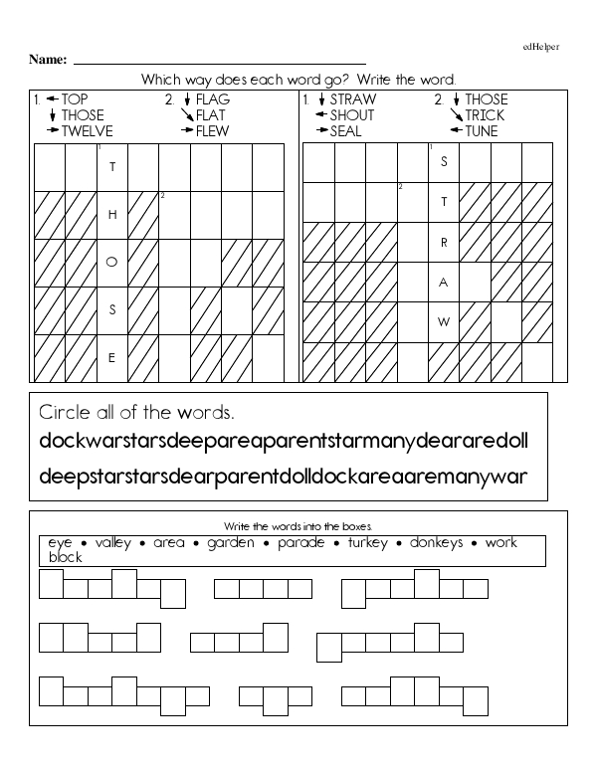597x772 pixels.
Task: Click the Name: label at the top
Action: pos(47,60)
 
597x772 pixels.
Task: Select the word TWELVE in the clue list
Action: pos(88,131)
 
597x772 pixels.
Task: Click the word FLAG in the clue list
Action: pos(213,99)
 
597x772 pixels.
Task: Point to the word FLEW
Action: pos(213,131)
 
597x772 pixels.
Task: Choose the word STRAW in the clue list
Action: pos(353,99)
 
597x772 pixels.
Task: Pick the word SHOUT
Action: pos(354,115)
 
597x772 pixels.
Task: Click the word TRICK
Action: pos(485,115)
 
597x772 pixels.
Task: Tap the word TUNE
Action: pos(482,131)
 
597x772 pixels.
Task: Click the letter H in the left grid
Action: pos(112,214)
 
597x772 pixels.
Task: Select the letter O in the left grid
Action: pos(112,262)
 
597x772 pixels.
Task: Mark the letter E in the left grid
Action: pos(112,357)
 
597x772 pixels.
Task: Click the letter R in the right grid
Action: pos(445,242)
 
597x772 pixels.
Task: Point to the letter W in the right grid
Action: pos(445,321)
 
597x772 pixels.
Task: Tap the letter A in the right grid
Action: pos(445,282)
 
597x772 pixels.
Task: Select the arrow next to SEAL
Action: pos(321,131)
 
